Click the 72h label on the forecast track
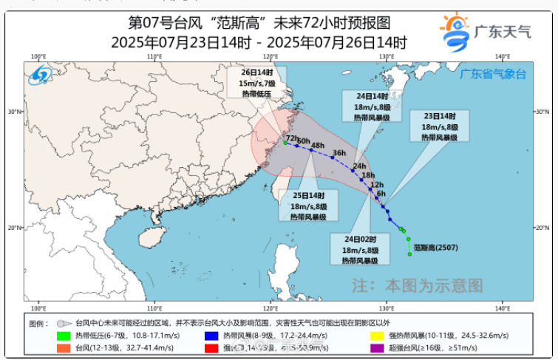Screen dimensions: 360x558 pyautogui.click(x=291, y=138)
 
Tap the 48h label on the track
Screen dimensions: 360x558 pyautogui.click(x=319, y=145)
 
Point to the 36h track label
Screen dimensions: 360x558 pyautogui.click(x=339, y=153)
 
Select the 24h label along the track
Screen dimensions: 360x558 pyautogui.click(x=360, y=166)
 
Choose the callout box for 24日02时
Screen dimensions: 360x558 pyautogui.click(x=360, y=250)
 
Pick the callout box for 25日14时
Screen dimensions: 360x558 pyautogui.click(x=310, y=206)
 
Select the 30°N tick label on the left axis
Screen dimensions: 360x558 pyautogui.click(x=14, y=112)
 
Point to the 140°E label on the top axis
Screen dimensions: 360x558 pyautogui.click(x=503, y=57)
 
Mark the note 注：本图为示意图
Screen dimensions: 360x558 pyautogui.click(x=417, y=285)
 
